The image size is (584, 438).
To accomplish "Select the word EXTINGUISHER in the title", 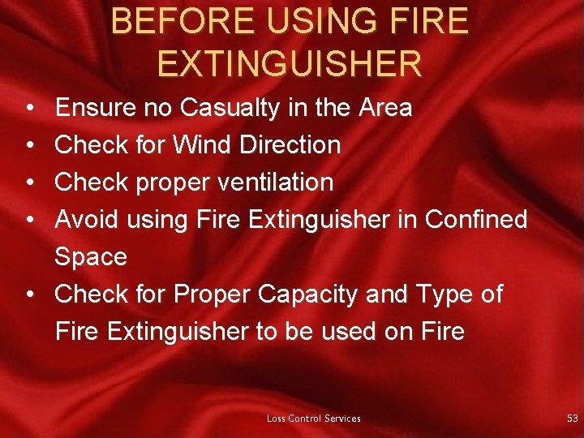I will [x=290, y=63].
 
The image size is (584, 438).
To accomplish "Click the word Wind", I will [x=203, y=145].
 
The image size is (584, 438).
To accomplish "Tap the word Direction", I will [x=290, y=145].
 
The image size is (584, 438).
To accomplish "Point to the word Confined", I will [x=476, y=219].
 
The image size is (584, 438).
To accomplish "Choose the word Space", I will [x=91, y=256].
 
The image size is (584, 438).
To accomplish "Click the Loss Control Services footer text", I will [x=314, y=419].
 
